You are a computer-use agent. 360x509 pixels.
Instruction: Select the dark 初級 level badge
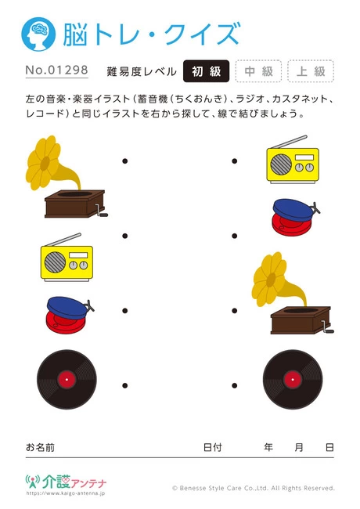207,71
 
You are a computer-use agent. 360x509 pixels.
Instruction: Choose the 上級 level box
311,71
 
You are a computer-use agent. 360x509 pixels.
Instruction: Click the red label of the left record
66,381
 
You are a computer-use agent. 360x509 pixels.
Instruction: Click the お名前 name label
40,447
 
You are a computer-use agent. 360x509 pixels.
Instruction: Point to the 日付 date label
212,447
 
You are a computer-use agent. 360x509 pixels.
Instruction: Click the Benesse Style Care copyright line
254,488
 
